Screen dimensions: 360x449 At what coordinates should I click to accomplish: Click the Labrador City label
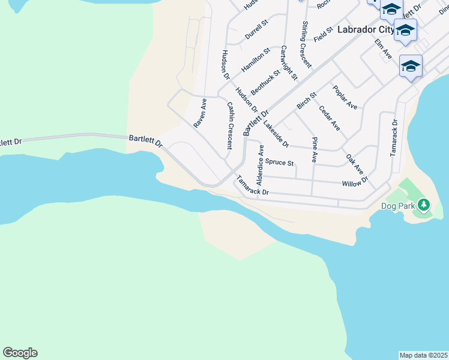[x=365, y=29]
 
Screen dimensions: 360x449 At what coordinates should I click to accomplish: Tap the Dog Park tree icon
[x=424, y=205]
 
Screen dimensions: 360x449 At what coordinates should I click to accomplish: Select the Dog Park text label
[x=397, y=206]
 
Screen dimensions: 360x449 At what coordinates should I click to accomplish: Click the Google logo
[x=20, y=353]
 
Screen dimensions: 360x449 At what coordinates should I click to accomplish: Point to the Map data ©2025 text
[x=424, y=355]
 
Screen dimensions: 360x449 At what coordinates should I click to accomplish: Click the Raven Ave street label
[x=200, y=112]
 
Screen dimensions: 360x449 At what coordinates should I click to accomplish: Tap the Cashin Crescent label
[x=229, y=125]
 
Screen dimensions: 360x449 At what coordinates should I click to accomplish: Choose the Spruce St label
[x=279, y=163]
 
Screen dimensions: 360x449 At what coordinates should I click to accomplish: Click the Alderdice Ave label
[x=260, y=164]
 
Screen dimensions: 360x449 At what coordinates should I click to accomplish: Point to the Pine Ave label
[x=314, y=149]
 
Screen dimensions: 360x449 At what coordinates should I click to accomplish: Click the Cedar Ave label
[x=330, y=118]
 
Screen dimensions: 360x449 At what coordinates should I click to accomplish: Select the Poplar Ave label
[x=345, y=97]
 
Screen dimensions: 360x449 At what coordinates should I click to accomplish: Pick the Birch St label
[x=306, y=101]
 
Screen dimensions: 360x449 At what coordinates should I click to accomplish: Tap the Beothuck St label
[x=265, y=82]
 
